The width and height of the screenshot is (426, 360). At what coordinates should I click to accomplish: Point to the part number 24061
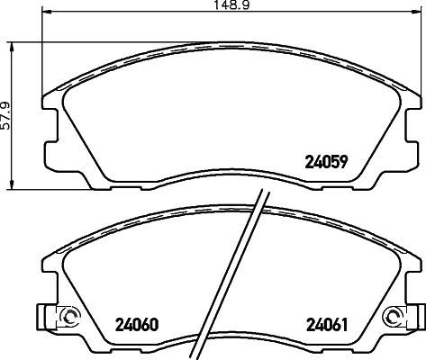(x=330, y=324)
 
